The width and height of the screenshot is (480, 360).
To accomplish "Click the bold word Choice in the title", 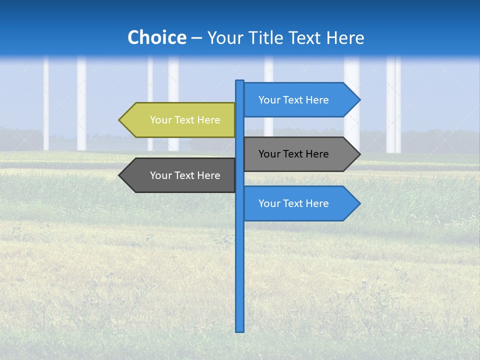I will tap(156, 37).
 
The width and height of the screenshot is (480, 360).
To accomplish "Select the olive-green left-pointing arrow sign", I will tap(180, 120).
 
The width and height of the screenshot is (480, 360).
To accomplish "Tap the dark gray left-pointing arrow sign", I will tap(180, 175).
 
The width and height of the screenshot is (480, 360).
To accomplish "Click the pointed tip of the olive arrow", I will tap(120, 120).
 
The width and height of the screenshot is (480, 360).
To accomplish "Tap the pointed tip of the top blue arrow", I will tap(358, 100).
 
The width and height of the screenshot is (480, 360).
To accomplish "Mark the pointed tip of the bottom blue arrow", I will tap(358, 203).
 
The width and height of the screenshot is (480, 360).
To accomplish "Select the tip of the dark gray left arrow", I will tap(120, 175).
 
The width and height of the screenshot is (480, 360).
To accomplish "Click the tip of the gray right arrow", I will tap(358, 154).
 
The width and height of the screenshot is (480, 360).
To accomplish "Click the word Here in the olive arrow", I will tap(208, 120).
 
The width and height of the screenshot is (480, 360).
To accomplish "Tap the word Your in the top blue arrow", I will tap(269, 100).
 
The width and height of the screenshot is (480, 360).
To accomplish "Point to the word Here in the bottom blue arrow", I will tap(317, 203).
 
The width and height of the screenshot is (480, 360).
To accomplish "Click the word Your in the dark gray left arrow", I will tap(160, 175).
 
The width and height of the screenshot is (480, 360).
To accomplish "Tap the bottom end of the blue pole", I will tap(239, 330).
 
